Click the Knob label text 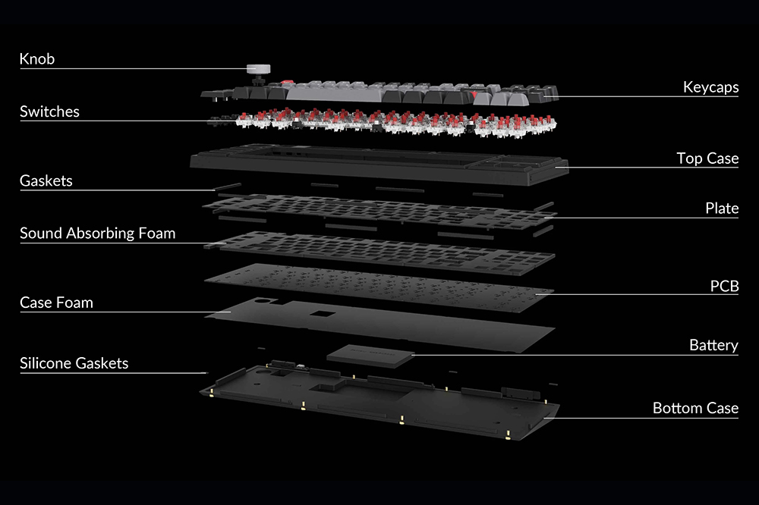point(37,59)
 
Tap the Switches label point(49,112)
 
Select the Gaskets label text point(46,180)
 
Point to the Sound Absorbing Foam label point(97,234)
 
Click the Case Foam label point(56,303)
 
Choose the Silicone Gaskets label point(74,363)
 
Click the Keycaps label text point(710,88)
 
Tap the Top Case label point(707,158)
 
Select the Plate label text point(721,209)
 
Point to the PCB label point(724,287)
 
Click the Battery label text point(713,346)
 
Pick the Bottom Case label point(695,409)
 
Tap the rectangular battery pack point(370,354)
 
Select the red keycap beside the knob point(287,83)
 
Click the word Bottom point(677,409)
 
